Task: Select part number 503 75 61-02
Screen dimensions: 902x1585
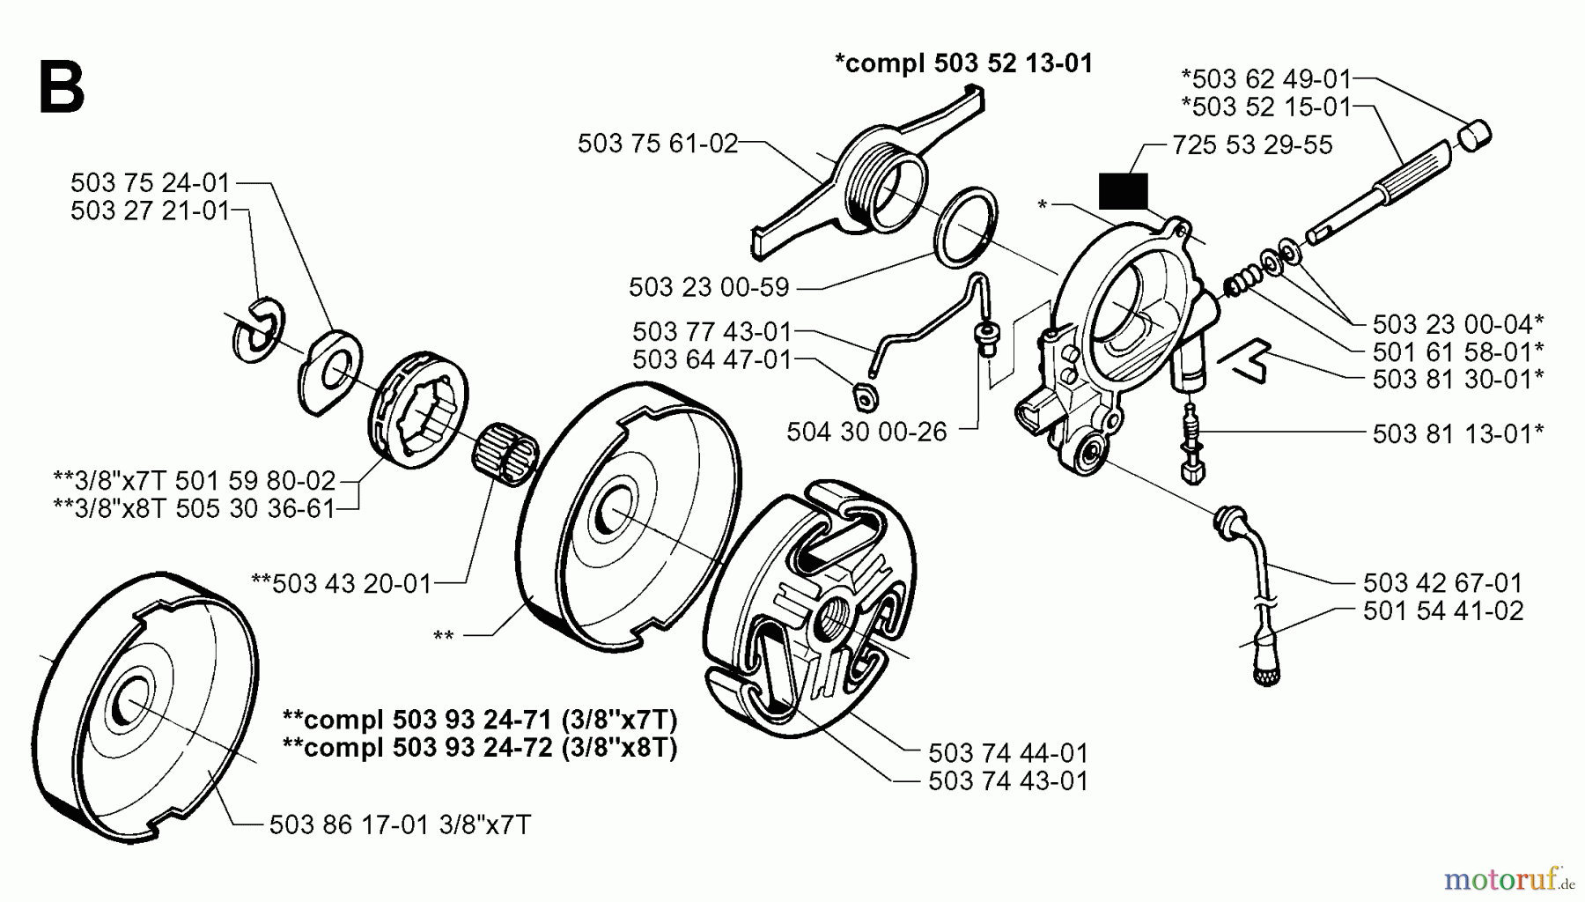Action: [657, 144]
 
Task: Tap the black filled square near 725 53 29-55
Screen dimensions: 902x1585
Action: [1123, 191]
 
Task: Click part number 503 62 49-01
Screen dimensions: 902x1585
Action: [1265, 78]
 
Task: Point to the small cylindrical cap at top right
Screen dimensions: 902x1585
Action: [1476, 137]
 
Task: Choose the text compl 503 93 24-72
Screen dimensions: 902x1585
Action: [480, 748]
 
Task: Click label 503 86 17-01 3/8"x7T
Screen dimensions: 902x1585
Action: [400, 824]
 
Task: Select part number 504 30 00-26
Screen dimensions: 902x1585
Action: [866, 432]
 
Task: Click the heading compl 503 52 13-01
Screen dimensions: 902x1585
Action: [963, 63]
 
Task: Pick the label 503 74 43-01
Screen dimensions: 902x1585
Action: [1008, 780]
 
